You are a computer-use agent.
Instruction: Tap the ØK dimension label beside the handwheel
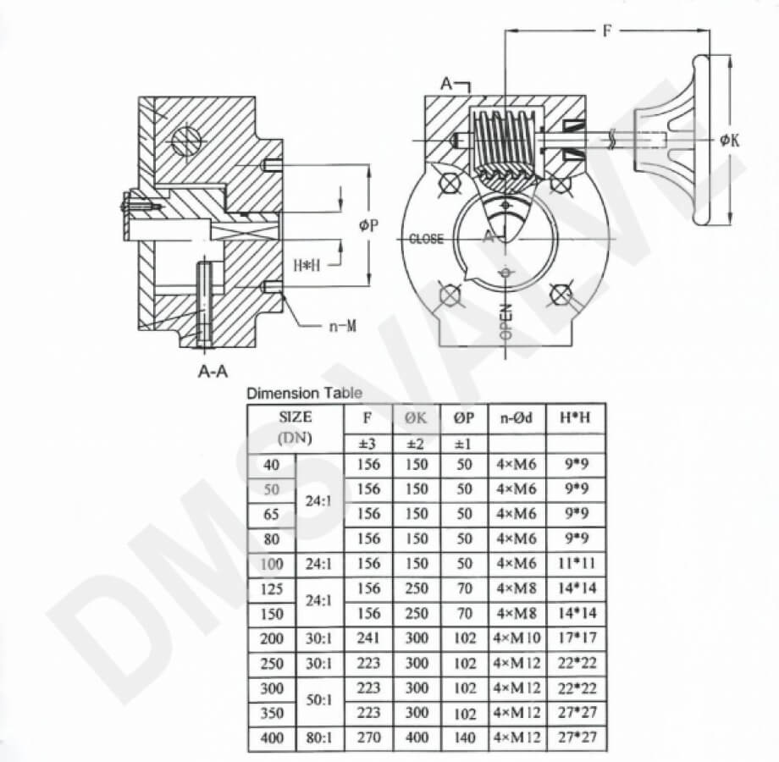pos(729,141)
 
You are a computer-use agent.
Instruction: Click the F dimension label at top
pos(607,30)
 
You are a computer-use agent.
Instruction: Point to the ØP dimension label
pos(368,225)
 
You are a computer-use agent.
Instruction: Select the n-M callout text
pos(343,326)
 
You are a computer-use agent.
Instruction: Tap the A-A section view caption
pos(213,371)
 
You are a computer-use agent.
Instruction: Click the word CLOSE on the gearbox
pos(426,239)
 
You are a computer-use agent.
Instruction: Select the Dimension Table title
pos(305,394)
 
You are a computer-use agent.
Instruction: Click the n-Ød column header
pos(517,417)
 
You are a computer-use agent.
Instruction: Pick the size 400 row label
pos(271,737)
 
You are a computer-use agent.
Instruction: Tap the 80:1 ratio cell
pos(318,737)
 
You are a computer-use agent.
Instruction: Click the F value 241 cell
pos(368,638)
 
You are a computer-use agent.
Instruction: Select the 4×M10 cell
pos(517,638)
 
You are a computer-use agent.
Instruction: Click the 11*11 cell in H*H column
pos(577,564)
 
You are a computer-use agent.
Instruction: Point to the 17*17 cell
pos(577,638)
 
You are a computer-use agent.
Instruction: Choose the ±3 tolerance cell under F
pos(367,444)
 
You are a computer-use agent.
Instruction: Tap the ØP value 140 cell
pos(464,737)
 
